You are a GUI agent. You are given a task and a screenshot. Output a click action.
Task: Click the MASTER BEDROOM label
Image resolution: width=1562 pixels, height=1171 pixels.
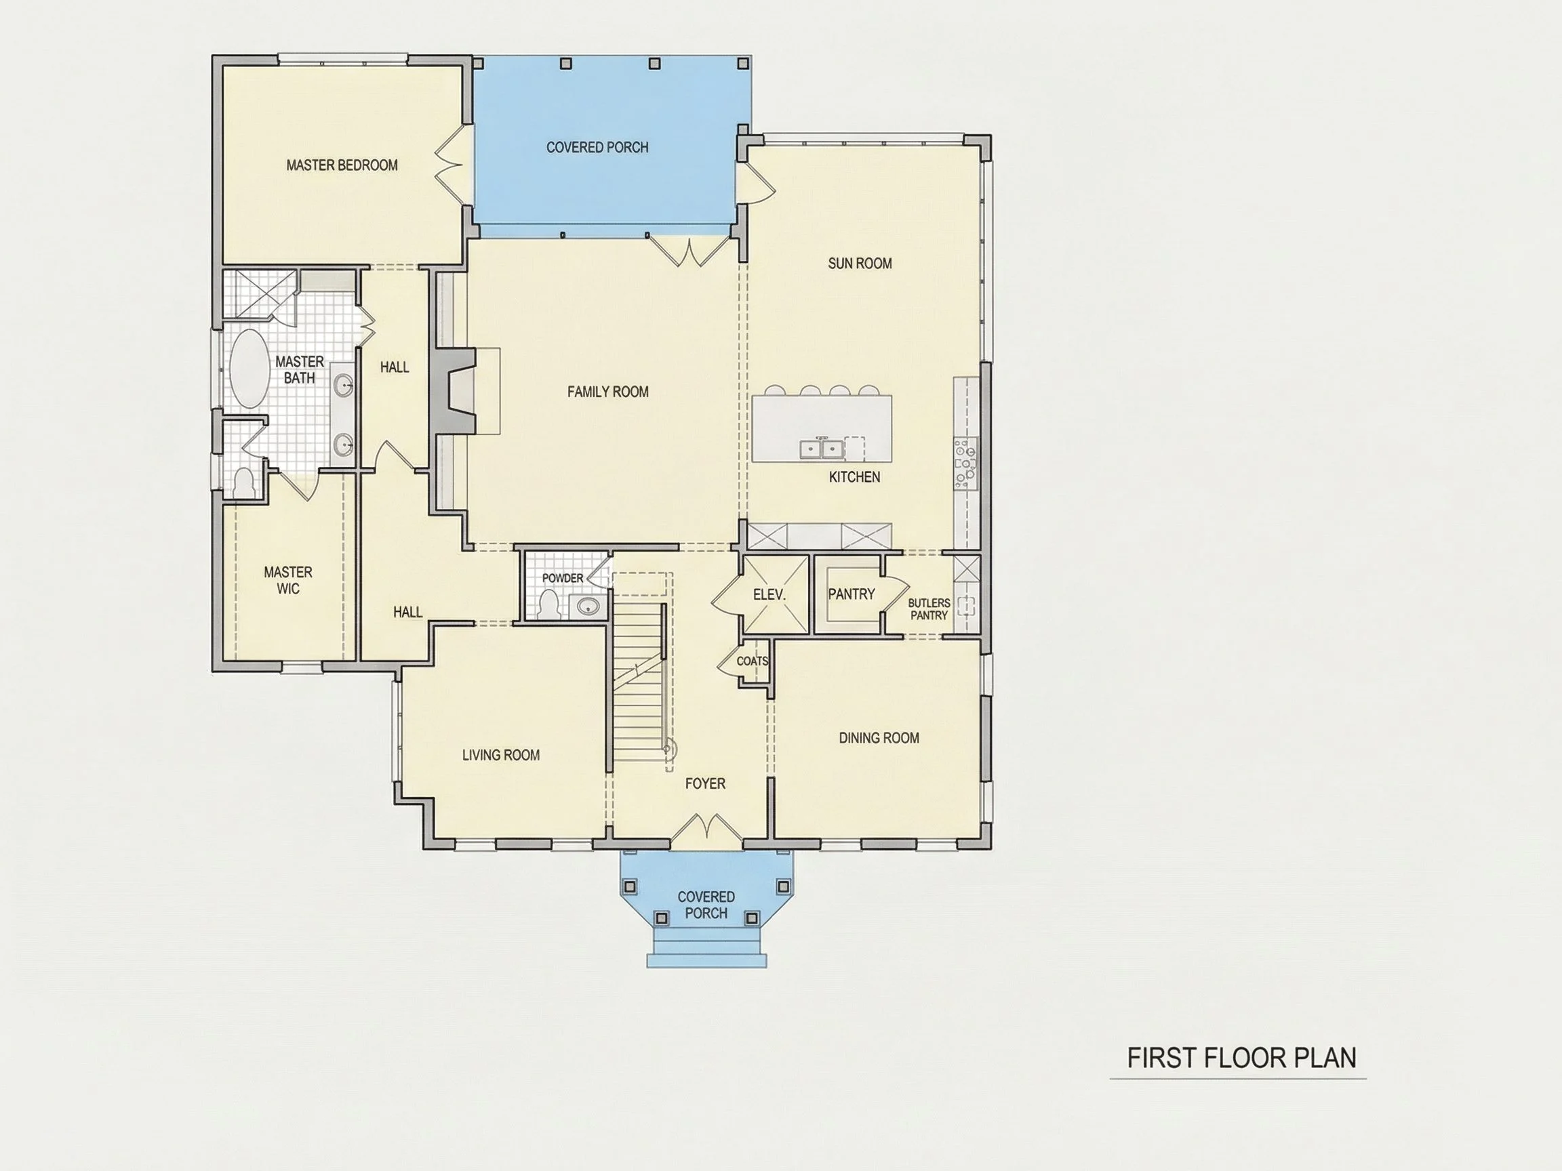342,165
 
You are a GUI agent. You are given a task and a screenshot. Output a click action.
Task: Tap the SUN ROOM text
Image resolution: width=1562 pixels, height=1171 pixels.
860,264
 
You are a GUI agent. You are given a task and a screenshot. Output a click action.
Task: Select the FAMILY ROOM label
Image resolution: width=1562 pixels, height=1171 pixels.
608,392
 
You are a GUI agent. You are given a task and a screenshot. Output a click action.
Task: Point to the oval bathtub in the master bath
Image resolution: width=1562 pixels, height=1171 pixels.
249,368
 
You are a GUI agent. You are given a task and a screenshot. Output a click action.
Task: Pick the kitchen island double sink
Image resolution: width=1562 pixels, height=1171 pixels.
822,447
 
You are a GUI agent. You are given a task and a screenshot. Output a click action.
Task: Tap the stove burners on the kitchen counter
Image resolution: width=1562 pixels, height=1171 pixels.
965,463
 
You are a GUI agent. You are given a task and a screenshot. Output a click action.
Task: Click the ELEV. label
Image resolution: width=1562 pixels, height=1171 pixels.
769,595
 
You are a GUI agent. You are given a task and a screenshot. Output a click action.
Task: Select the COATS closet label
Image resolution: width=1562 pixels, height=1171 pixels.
752,661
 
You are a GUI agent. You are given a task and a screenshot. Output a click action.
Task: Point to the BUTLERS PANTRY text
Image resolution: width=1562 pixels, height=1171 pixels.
929,609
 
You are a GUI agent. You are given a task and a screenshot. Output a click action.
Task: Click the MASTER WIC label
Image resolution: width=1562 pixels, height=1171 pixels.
288,580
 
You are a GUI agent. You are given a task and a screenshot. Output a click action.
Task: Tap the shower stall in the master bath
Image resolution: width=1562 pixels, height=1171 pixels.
259,294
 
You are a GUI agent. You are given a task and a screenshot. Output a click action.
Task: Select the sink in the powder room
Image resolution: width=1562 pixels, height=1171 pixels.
588,606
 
